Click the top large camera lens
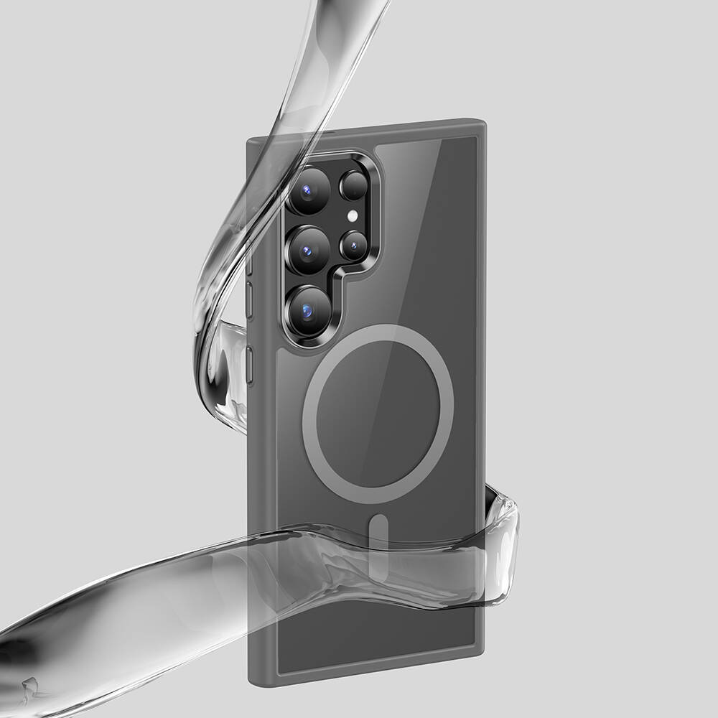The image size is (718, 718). coord(309,191)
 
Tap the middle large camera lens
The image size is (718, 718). coord(308,251)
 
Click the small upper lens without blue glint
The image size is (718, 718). coord(353,186)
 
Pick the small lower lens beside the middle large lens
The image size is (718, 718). coord(353,246)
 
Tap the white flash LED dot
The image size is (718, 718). coord(353,215)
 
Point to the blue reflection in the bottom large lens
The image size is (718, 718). coord(307,312)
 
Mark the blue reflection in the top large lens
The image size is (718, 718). coord(307,191)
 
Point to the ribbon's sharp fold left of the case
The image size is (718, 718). coord(215,327)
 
